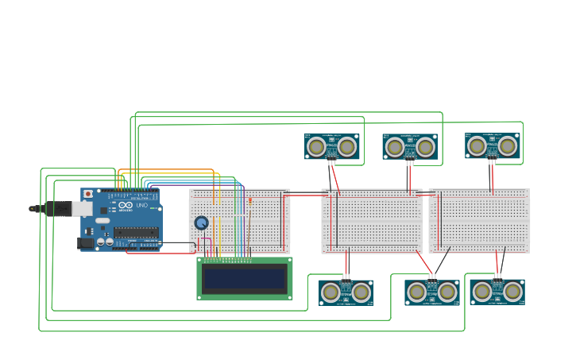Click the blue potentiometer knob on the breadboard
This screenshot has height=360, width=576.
coord(202,223)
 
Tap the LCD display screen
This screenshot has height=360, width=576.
coord(244,278)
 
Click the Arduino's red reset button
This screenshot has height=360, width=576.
coord(87,193)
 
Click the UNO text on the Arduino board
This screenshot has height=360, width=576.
coord(142,206)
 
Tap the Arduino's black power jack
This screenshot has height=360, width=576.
coord(85,243)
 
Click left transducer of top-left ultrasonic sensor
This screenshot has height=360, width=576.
coord(316,147)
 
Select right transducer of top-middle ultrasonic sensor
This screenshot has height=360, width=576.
coord(425,147)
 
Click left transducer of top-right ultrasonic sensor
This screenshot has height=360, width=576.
coord(477,145)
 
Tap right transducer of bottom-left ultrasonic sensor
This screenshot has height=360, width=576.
coord(361,292)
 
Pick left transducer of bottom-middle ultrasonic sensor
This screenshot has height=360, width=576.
coord(416,292)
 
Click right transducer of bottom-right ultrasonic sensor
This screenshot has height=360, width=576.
coord(512,292)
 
